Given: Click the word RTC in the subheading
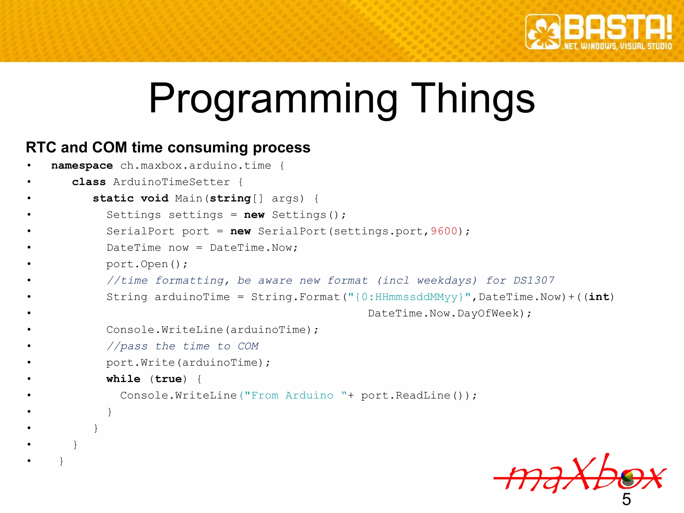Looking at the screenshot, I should [41, 147].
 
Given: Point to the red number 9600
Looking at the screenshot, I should [444, 231].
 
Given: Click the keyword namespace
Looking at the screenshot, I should [82, 166].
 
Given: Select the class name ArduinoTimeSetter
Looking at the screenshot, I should [171, 182].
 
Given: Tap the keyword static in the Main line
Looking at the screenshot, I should [113, 198].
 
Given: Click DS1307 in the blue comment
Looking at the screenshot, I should [534, 280].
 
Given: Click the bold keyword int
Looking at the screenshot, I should [599, 297].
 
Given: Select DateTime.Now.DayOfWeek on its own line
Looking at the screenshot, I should [449, 313].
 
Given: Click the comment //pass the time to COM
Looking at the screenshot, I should [182, 346].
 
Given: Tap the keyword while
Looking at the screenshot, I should [123, 379].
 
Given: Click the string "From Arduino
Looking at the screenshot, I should [289, 395].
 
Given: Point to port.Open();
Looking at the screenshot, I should [147, 264].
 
